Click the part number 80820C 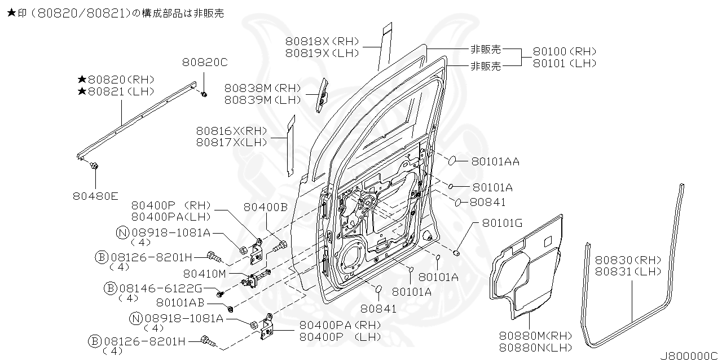coord(205,62)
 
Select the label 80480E coord(95,196)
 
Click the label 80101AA coord(495,162)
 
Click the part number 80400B coord(266,208)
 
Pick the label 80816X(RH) coord(231,131)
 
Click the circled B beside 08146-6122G coord(111,288)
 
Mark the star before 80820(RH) coord(82,80)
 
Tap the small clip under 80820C coord(204,94)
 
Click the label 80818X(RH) coord(322,41)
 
